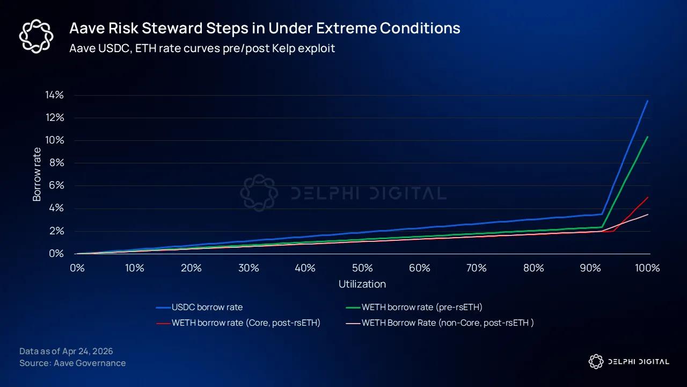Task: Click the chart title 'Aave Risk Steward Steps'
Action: (265, 28)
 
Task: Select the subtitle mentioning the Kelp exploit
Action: (202, 48)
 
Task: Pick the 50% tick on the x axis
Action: (362, 268)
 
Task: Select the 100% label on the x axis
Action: (647, 268)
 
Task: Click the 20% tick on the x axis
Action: (191, 268)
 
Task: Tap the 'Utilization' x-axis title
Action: (362, 284)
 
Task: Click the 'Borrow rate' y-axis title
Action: (37, 174)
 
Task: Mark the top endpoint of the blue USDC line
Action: (647, 101)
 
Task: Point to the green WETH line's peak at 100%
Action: (648, 137)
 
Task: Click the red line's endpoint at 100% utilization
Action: (648, 197)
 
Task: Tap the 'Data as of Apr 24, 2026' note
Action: (66, 351)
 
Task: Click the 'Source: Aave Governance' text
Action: (72, 363)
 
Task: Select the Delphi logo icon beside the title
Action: (36, 36)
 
